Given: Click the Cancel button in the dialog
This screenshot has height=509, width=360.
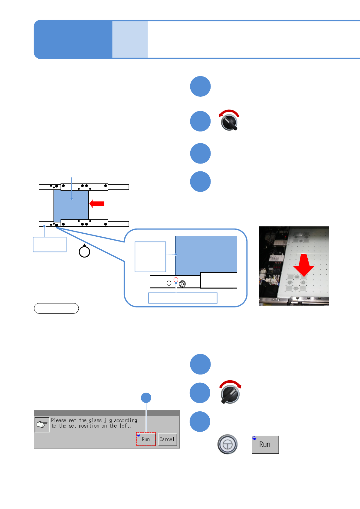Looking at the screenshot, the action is (x=167, y=439).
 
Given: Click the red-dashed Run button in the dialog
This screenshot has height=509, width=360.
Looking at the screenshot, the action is (x=146, y=439).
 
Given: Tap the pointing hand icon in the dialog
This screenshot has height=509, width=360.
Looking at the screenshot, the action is (x=42, y=424).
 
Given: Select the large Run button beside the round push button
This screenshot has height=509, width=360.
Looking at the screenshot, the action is (x=265, y=444).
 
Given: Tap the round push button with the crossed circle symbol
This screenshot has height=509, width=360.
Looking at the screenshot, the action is (x=227, y=444).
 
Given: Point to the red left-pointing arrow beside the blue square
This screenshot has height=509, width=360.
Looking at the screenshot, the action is (x=97, y=204).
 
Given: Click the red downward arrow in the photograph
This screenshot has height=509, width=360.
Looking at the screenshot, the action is (x=304, y=265).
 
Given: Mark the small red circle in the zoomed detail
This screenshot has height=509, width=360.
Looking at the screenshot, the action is (x=176, y=280).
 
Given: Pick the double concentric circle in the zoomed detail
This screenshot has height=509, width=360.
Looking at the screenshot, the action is (x=182, y=284).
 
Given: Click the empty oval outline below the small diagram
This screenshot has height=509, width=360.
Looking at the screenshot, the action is (x=56, y=308).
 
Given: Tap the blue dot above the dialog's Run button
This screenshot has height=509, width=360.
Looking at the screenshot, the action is (x=146, y=398).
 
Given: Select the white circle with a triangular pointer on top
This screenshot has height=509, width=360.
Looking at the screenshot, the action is (x=84, y=251).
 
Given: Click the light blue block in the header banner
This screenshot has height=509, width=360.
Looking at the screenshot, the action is (x=130, y=39).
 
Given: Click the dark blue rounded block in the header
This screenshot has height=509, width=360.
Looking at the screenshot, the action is (x=73, y=39).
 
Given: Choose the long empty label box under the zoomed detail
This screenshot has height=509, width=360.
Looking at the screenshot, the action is (x=183, y=298).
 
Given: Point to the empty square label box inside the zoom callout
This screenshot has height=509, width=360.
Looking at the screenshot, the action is (x=150, y=257).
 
